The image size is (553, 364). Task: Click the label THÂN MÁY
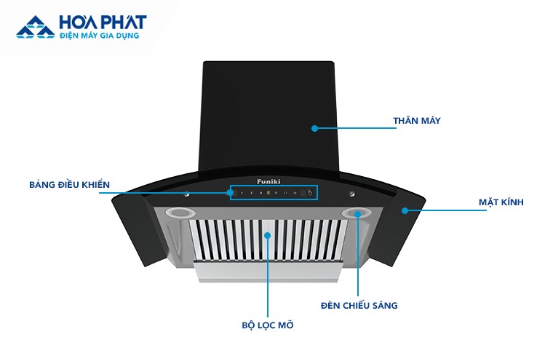coord(417,120)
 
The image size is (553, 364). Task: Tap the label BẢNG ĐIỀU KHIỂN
coord(70,184)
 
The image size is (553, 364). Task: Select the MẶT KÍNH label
coord(501,202)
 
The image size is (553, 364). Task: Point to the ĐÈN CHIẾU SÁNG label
coord(359,306)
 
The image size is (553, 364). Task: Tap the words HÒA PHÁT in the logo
coord(103,23)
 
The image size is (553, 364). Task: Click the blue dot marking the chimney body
coord(314,128)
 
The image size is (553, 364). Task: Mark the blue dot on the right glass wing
coord(405,210)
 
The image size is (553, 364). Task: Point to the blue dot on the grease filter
coord(268,236)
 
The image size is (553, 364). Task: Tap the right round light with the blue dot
coord(358,213)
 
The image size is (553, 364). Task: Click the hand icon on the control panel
coord(310,193)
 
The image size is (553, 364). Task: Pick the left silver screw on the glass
coord(187,194)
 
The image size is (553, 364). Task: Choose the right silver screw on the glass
coord(352,194)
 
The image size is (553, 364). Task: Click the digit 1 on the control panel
coord(242,193)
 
